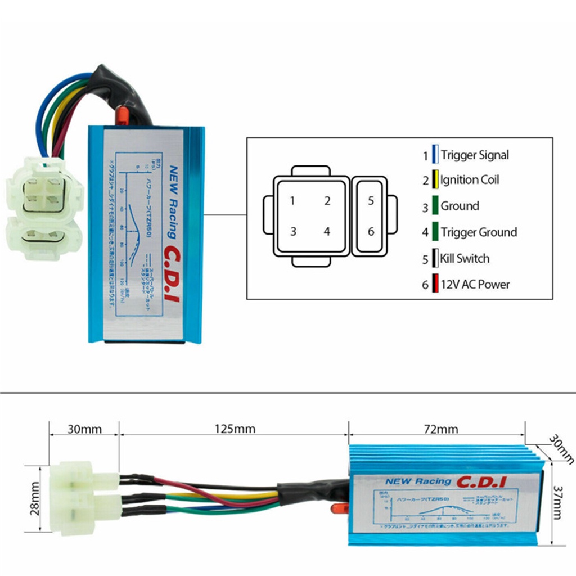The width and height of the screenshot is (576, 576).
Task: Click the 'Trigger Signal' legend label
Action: pos(475,155)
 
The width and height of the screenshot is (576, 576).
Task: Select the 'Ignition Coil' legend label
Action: pos(470,180)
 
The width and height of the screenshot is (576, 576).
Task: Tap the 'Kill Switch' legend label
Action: pos(465,259)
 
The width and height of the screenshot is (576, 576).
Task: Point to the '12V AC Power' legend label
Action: pos(475,284)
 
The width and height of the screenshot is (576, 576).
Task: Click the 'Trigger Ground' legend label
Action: pos(479,232)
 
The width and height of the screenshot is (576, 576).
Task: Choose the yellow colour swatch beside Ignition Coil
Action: pos(435,180)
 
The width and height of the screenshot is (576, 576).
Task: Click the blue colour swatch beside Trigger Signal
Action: pos(435,155)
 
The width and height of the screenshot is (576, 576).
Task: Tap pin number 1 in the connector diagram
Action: pos(292,201)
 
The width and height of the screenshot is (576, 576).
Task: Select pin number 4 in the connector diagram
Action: pos(327,231)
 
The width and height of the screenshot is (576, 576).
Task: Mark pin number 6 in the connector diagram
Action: pos(371,231)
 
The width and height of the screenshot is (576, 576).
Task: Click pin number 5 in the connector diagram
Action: pos(371,201)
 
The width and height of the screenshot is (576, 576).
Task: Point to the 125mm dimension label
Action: pos(235,429)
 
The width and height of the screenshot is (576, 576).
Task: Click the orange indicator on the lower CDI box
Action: pos(338,508)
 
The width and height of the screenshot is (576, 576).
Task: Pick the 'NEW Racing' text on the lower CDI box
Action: pos(418,481)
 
